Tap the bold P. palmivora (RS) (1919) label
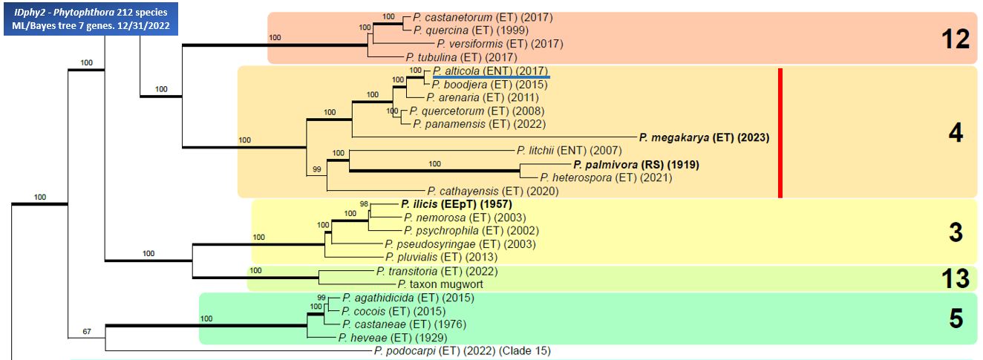click(635, 164)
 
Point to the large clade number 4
click(956, 134)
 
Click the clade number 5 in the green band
click(956, 318)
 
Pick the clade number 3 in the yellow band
click(956, 232)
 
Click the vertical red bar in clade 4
click(780, 134)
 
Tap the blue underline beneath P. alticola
click(491, 76)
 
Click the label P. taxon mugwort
click(440, 284)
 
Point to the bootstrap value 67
click(87, 331)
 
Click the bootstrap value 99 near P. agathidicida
click(321, 297)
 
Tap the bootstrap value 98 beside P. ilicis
click(364, 204)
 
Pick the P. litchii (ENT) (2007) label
click(569, 151)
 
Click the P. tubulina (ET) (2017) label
click(461, 57)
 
